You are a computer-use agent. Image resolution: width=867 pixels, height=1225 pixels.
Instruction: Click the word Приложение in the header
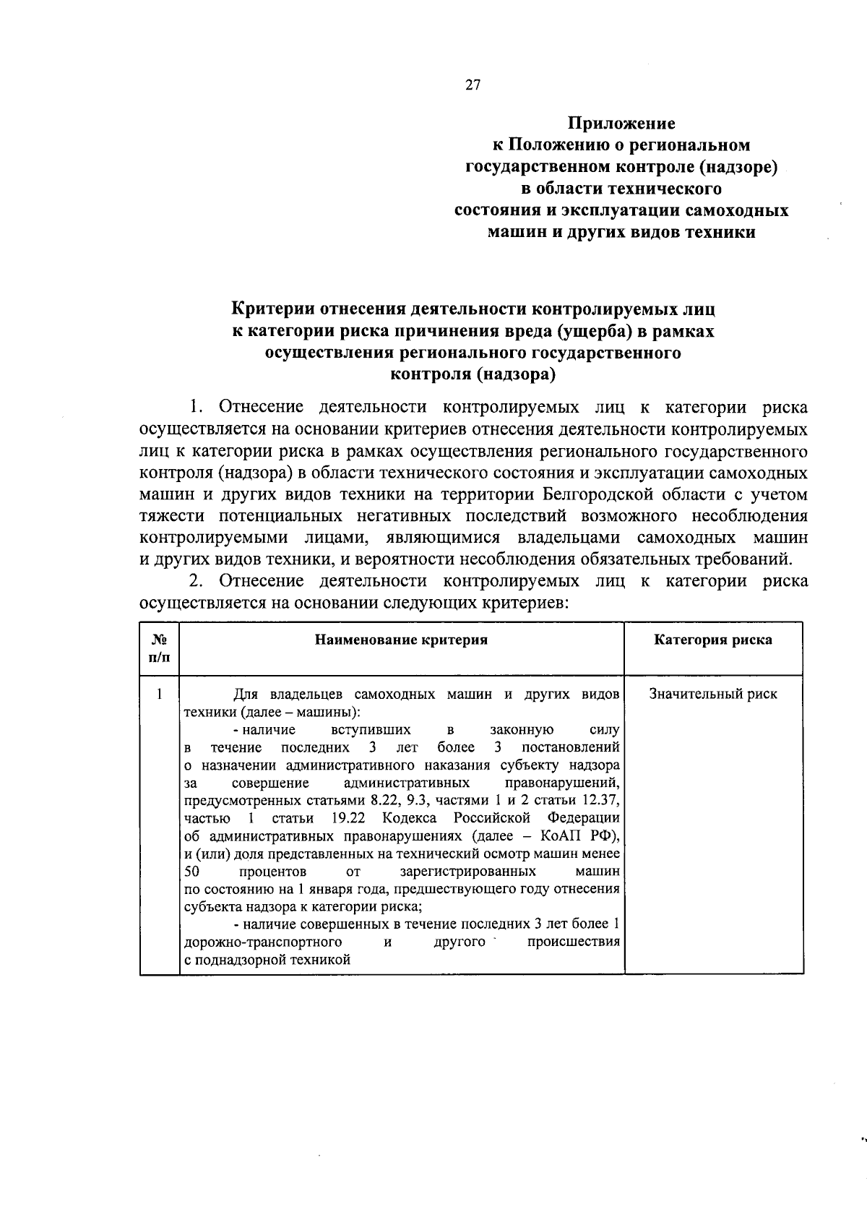[621, 124]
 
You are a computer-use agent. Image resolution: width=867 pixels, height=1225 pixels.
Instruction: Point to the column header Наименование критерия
[401, 640]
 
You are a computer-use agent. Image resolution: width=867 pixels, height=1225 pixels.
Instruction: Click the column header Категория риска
[712, 640]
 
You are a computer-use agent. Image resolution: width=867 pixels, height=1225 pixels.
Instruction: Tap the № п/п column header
[160, 648]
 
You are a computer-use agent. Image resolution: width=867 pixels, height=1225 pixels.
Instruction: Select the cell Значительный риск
[712, 695]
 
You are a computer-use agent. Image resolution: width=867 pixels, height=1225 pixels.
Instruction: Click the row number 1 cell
[159, 695]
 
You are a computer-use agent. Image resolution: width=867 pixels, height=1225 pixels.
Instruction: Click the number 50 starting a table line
[191, 872]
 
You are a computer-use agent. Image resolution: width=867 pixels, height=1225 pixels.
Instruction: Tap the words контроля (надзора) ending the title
[473, 374]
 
